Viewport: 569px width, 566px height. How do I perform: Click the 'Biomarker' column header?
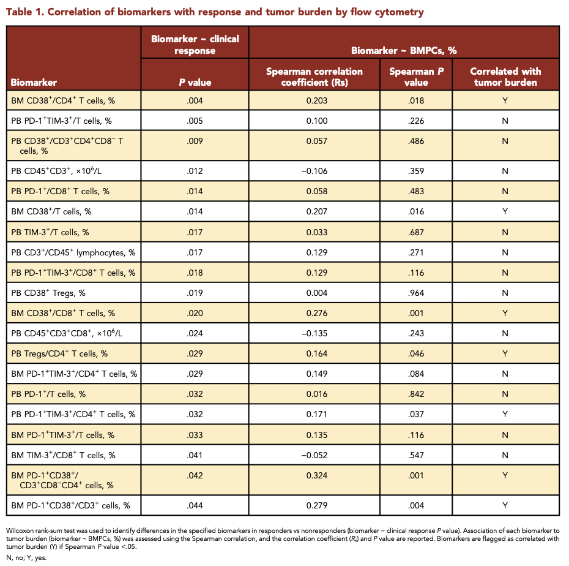click(34, 83)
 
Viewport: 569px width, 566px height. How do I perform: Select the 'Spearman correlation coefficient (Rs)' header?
click(314, 77)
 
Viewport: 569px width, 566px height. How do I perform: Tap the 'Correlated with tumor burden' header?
click(505, 77)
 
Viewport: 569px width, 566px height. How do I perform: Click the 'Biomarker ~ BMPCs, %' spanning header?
click(404, 50)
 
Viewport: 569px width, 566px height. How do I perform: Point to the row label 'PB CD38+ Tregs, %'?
click(48, 293)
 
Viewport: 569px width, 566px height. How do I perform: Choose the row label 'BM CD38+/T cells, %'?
click(51, 211)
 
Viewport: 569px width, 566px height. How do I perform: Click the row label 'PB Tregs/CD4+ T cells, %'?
click(59, 353)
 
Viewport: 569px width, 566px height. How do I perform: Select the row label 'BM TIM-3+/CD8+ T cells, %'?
click(63, 455)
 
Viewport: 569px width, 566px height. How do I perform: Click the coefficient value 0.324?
click(317, 475)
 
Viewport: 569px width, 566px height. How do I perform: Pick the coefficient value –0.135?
click(314, 333)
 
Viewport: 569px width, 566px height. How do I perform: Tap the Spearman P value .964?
click(416, 293)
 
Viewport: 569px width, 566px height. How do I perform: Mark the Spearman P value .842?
click(416, 394)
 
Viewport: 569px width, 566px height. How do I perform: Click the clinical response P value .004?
click(195, 100)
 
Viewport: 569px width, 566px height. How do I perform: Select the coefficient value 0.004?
click(317, 293)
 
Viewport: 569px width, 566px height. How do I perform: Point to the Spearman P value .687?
click(416, 232)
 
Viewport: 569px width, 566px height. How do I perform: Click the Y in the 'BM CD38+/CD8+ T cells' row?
click(505, 313)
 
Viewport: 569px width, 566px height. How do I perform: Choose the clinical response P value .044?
click(195, 505)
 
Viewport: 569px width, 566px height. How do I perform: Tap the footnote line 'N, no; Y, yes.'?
click(26, 557)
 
